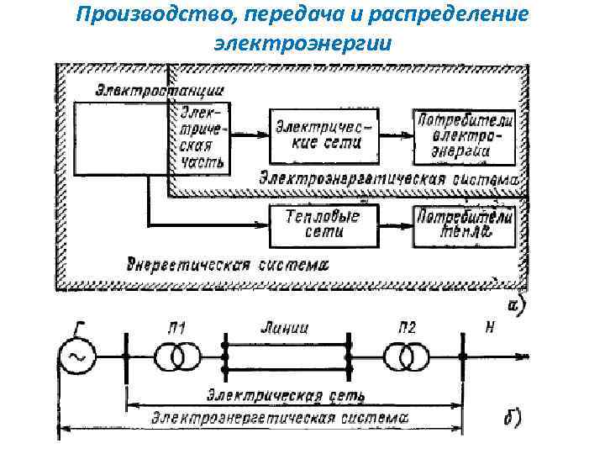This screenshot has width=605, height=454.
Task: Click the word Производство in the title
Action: (145, 15)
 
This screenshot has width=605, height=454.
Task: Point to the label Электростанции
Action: (160, 88)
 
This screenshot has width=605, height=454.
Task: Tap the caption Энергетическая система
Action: (227, 264)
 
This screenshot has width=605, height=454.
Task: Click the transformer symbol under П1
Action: (172, 356)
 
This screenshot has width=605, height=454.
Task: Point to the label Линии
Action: (285, 328)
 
